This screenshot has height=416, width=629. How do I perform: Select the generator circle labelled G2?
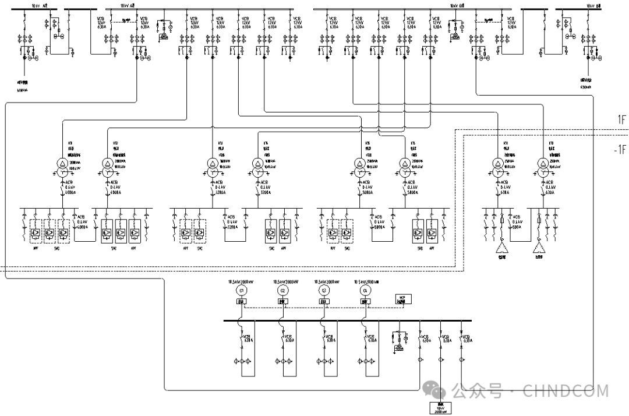(282, 290)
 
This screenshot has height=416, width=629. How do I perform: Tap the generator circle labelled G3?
(324, 290)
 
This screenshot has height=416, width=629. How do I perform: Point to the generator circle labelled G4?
(365, 290)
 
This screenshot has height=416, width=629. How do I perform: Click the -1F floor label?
(620, 149)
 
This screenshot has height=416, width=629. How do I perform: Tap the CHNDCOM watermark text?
(566, 390)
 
